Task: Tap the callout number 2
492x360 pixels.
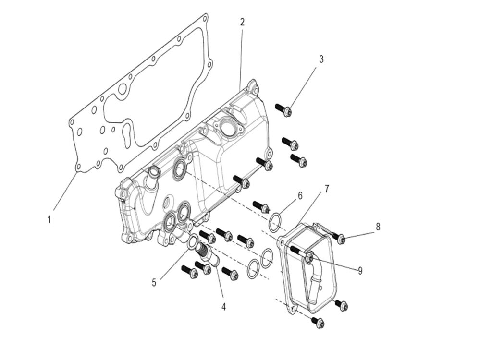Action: (242, 22)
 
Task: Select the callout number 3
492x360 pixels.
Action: (321, 60)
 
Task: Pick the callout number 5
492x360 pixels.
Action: (154, 283)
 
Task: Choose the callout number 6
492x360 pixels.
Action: (300, 195)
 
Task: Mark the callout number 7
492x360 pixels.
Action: (327, 189)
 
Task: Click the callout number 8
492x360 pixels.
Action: (378, 227)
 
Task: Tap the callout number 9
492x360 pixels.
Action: (360, 271)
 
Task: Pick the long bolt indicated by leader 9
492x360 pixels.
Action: (301, 253)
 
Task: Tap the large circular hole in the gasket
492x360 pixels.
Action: (122, 89)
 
